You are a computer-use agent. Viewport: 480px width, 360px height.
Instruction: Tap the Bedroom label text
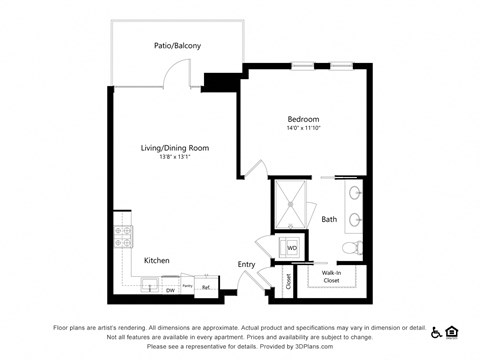(303, 119)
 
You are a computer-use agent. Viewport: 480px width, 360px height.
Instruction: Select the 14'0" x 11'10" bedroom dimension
(303, 129)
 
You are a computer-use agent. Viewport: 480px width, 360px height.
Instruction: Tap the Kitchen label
(156, 260)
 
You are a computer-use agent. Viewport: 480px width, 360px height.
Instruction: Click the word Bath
(329, 219)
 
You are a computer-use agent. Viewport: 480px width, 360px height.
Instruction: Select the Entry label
(247, 265)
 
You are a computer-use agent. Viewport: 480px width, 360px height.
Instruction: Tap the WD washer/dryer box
(292, 247)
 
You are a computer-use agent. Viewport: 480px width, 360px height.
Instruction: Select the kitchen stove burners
(124, 236)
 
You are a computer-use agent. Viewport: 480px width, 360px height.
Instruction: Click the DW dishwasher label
(170, 290)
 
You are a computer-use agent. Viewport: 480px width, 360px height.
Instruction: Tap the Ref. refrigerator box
(206, 288)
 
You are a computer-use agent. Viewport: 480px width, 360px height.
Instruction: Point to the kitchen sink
(150, 288)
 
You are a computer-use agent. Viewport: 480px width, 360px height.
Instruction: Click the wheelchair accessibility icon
(436, 330)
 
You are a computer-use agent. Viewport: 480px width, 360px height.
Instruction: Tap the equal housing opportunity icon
(451, 330)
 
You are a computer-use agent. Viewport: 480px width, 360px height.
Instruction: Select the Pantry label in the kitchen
(187, 285)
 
